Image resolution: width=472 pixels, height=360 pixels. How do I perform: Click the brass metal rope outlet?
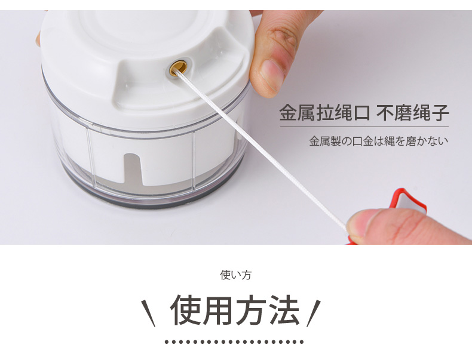(x=178, y=67)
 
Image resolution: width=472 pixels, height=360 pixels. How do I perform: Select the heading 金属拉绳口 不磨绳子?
(x=364, y=113)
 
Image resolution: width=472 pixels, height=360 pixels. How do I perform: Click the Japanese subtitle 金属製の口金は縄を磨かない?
(x=379, y=141)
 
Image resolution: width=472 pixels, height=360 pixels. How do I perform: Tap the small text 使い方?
(x=235, y=275)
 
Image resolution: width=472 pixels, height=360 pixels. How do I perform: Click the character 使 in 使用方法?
(x=186, y=310)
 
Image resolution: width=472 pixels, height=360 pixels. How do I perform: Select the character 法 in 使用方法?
(x=284, y=310)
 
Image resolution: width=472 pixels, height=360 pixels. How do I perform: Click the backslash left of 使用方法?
(x=148, y=313)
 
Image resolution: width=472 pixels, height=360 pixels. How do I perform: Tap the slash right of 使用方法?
(x=314, y=313)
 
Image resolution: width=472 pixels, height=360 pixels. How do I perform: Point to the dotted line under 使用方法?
(x=234, y=342)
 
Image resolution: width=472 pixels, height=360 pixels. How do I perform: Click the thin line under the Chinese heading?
(x=364, y=127)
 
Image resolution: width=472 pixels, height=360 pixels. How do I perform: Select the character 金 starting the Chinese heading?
(x=289, y=113)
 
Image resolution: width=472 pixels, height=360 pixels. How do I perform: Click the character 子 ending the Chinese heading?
(x=440, y=113)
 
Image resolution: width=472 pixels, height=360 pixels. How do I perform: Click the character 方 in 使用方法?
(x=252, y=310)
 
